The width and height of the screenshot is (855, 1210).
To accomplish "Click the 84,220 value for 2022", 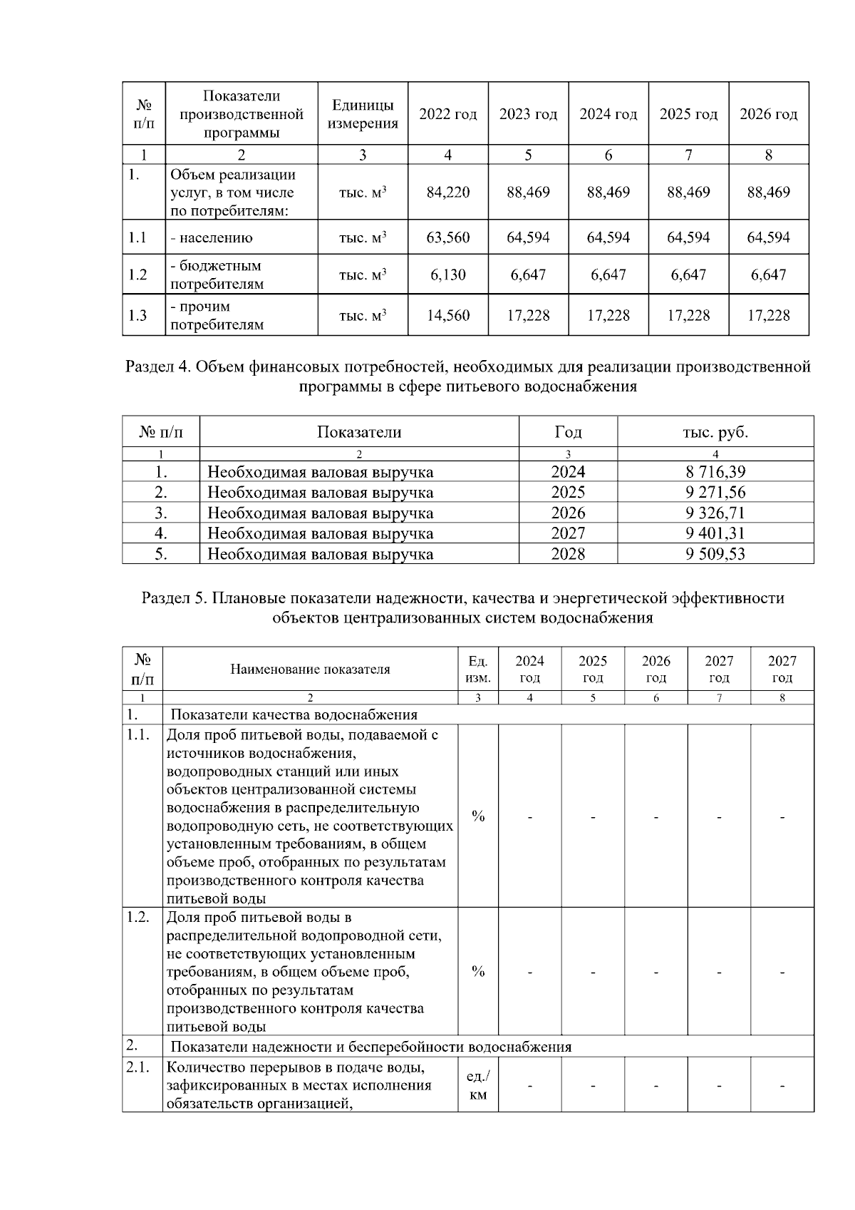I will [x=447, y=193].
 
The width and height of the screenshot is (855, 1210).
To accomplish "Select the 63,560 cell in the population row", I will [x=447, y=237].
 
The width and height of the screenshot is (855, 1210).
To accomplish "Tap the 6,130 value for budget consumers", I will [x=447, y=275].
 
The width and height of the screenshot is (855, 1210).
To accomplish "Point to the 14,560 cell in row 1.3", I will [x=447, y=315].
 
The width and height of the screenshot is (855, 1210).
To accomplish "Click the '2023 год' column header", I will [x=528, y=114].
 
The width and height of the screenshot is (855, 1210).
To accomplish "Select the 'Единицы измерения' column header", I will [x=363, y=114].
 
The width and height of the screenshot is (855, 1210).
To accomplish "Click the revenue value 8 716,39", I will [x=715, y=472].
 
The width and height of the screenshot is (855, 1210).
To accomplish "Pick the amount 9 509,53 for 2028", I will [x=715, y=554].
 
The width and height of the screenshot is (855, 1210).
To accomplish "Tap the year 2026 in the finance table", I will [x=568, y=513].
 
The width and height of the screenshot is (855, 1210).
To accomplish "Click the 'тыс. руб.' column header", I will [x=715, y=432].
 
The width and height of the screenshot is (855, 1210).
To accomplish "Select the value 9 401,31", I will [x=715, y=533].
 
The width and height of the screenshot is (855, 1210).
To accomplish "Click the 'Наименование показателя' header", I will [x=310, y=670].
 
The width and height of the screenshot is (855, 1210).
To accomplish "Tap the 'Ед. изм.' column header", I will [x=477, y=670].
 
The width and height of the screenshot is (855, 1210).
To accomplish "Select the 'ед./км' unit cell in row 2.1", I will [x=478, y=1085].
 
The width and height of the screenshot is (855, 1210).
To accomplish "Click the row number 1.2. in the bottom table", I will [x=138, y=918].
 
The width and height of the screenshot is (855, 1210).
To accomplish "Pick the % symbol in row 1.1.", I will [x=478, y=816].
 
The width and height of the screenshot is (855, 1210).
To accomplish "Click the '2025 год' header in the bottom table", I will [x=593, y=670].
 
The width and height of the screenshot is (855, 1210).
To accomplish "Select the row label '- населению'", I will [x=211, y=238].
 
